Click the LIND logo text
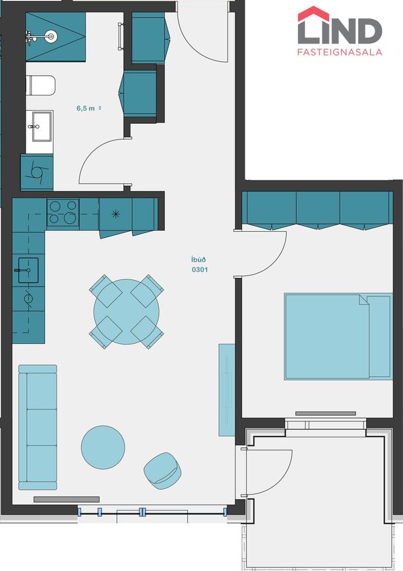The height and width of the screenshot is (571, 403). (340, 30)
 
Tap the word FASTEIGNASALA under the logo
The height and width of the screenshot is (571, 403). (340, 52)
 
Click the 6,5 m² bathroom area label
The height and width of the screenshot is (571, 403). (88, 108)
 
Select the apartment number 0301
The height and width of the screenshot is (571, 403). (199, 270)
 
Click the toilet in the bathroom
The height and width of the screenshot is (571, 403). (40, 85)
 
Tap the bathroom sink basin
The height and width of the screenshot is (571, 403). (42, 126)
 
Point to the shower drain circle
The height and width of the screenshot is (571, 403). (50, 36)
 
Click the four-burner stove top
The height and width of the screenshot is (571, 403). (63, 212)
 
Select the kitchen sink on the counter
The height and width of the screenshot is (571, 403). (28, 270)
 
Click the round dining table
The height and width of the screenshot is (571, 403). (126, 312)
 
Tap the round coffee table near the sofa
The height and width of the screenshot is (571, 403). (103, 447)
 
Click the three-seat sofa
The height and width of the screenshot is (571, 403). (38, 427)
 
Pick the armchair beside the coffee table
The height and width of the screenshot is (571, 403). (163, 471)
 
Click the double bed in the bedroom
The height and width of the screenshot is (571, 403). (338, 337)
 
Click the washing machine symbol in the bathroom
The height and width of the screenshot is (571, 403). (36, 173)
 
